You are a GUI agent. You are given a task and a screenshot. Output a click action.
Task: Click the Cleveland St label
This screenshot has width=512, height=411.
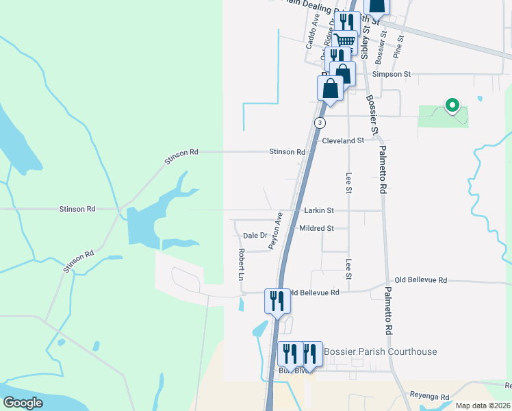[342, 140]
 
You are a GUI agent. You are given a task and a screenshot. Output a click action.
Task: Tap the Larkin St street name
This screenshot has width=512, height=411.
[319, 211]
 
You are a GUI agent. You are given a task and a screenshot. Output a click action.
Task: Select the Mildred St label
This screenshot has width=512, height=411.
[316, 228]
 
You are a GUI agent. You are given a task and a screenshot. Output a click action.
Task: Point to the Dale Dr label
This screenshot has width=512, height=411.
[255, 236]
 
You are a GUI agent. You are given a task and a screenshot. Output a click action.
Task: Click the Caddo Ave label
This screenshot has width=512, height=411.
[311, 30]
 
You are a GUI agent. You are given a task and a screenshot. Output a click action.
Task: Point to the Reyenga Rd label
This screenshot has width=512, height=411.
[429, 396]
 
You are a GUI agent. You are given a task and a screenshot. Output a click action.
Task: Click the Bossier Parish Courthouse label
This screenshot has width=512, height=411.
[380, 351]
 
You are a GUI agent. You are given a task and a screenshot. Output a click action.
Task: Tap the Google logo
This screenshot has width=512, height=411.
[23, 403]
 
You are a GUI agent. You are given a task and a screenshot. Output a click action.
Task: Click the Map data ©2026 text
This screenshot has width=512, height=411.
[483, 406]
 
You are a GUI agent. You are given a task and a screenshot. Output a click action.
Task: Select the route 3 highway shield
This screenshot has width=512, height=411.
[320, 122]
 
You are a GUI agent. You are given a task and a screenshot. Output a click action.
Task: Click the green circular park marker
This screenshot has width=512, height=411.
[451, 105]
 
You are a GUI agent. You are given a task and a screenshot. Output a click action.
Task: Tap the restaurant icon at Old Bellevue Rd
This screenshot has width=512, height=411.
[277, 301]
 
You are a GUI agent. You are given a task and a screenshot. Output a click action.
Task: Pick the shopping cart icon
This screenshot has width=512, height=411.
[345, 41]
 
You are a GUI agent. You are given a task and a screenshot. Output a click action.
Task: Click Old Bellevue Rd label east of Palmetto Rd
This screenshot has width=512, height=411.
[420, 280]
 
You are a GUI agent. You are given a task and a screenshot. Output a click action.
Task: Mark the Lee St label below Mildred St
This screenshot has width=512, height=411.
[348, 269]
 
